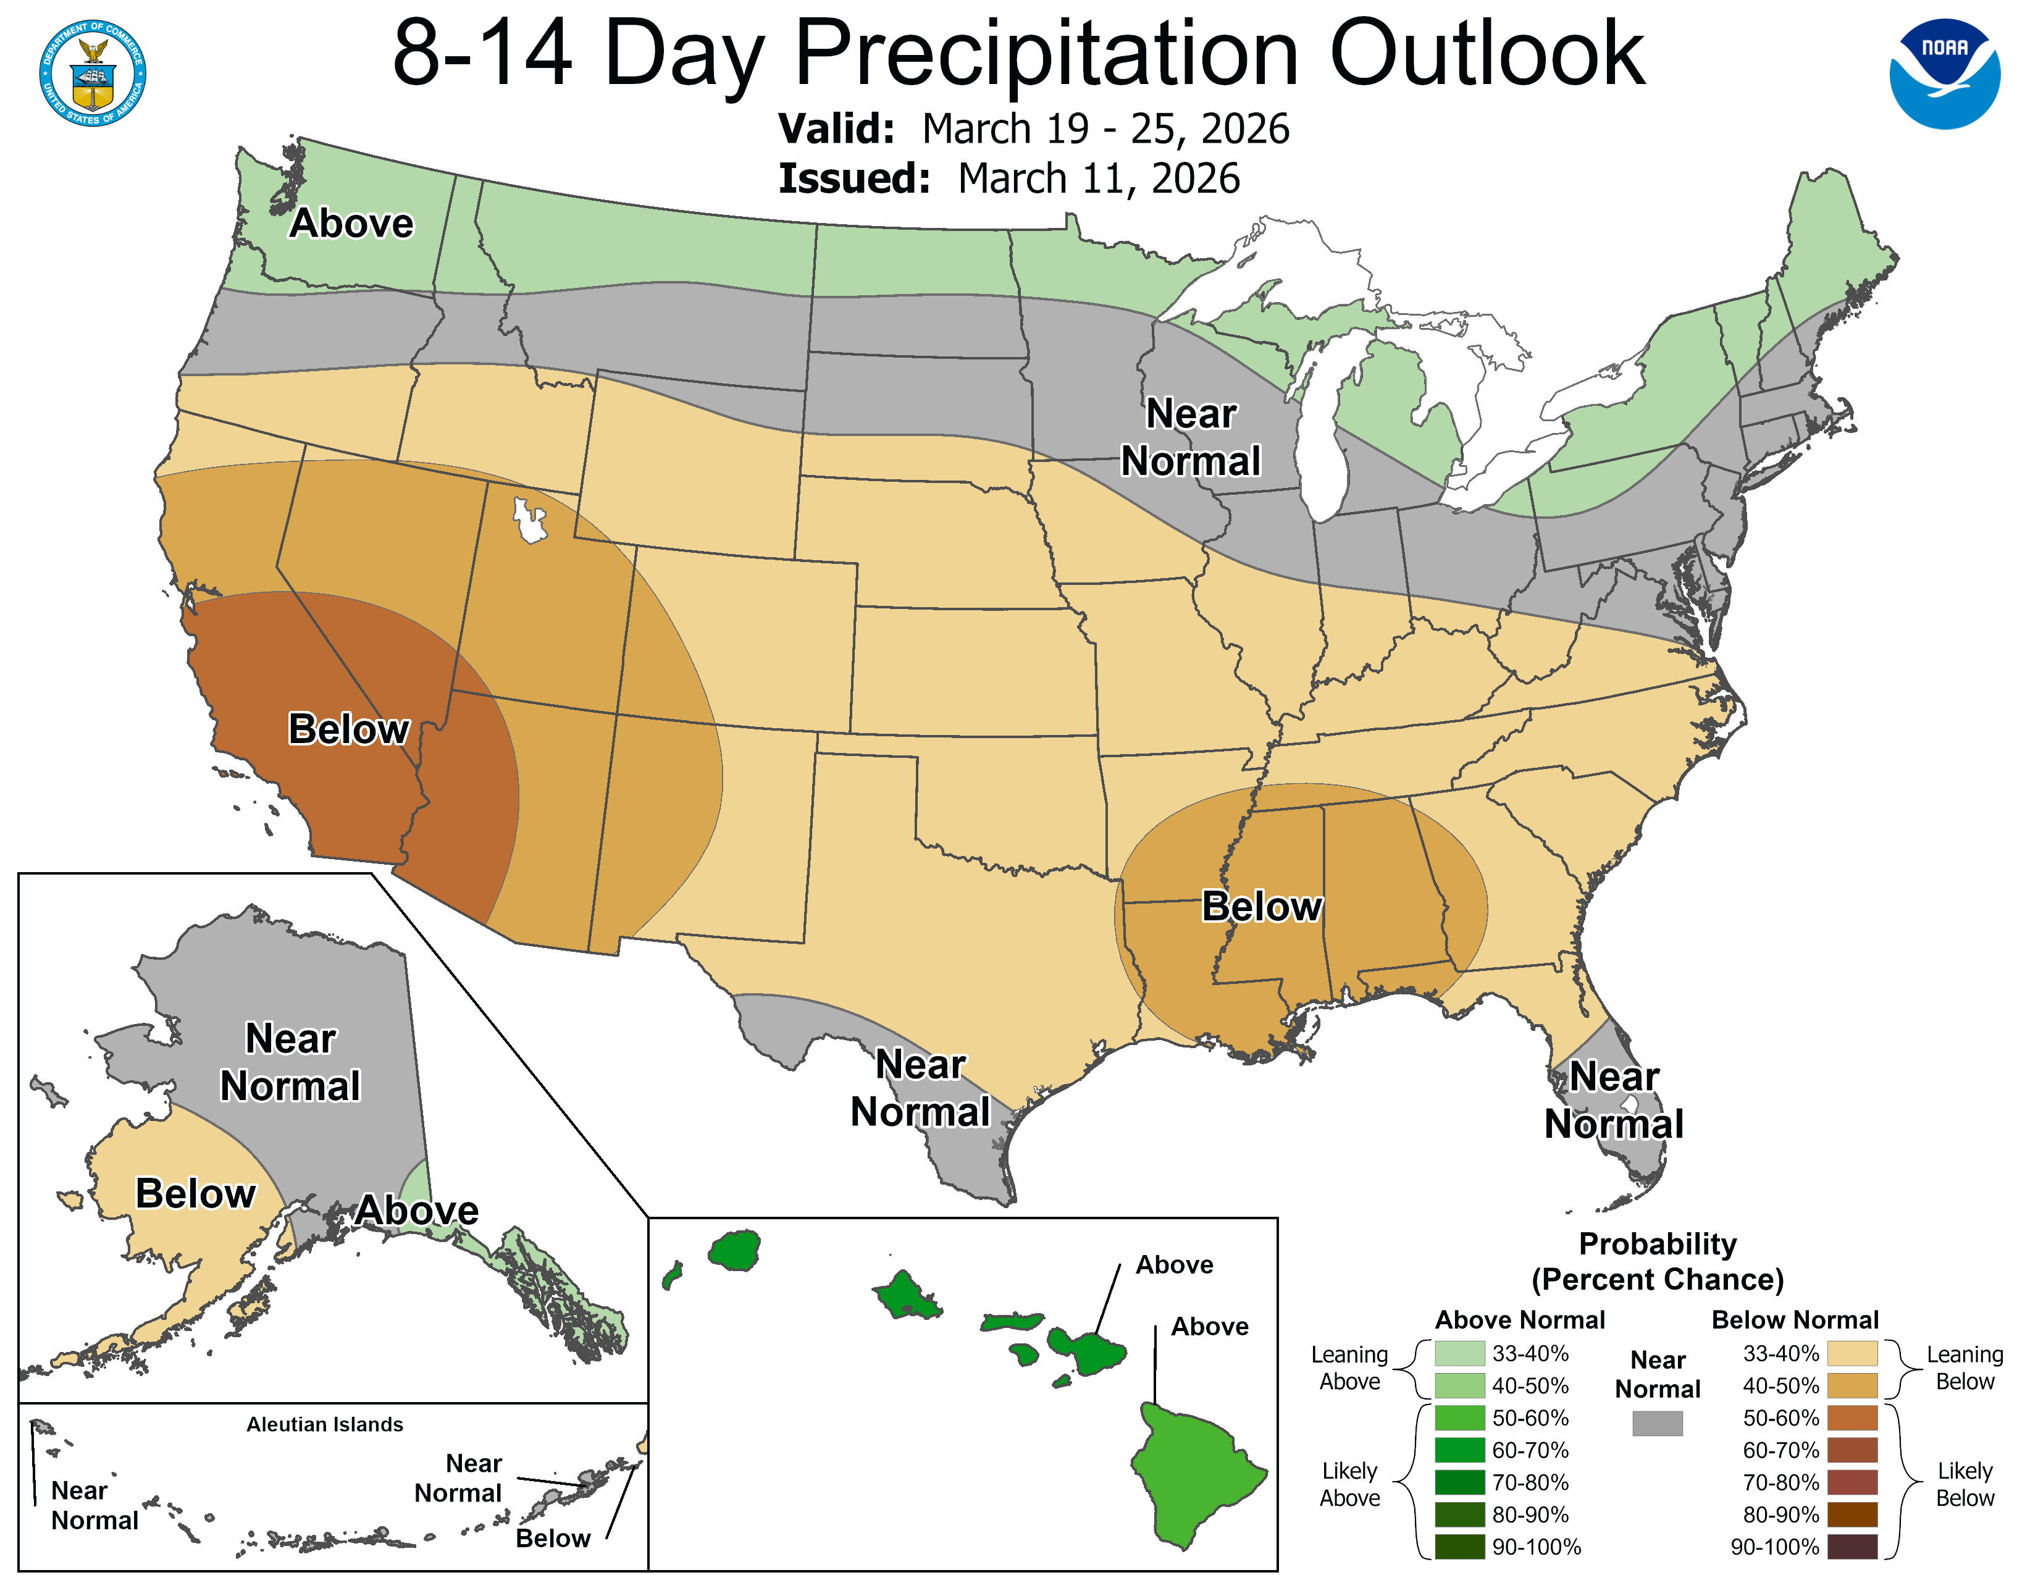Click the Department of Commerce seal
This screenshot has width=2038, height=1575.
93,73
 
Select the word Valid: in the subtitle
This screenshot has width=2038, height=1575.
836,128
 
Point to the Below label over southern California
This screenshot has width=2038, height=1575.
348,729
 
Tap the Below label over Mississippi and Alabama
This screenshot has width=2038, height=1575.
1262,906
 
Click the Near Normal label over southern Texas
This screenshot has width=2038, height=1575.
920,1088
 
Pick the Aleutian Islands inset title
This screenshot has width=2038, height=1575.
325,1424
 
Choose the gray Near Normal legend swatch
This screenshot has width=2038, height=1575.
1658,1423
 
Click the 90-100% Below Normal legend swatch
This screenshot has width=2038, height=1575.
1851,1546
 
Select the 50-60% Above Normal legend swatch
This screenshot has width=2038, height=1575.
1459,1417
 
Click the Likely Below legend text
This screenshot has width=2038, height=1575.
1965,1484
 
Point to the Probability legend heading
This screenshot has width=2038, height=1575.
1658,1244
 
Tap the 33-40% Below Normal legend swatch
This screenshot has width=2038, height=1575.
1851,1353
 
